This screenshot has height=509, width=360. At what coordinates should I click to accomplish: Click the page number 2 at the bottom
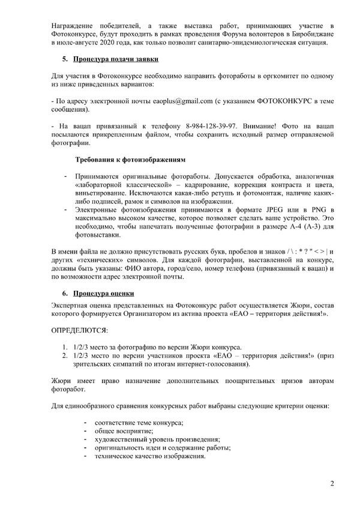(x=332, y=483)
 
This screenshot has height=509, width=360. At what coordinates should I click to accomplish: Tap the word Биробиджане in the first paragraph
(x=312, y=35)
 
